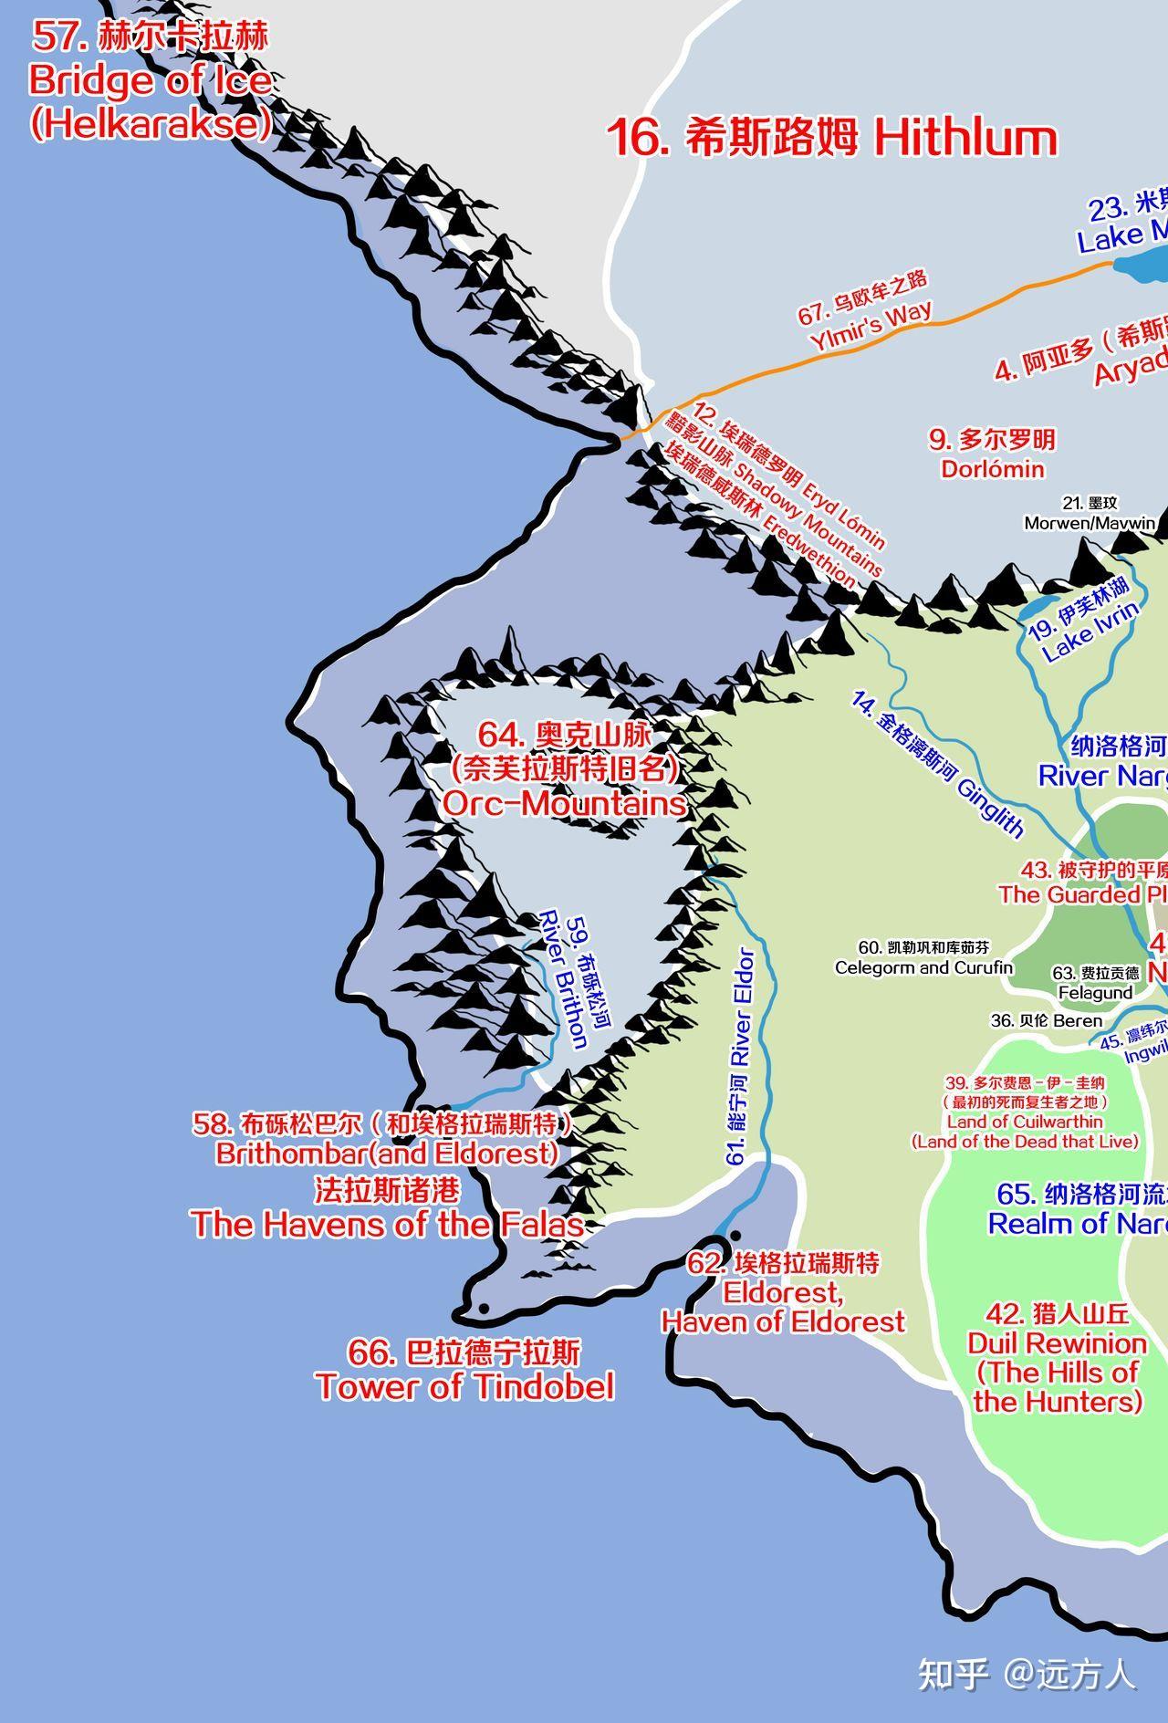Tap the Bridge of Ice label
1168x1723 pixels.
click(151, 80)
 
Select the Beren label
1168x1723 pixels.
click(1047, 1020)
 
